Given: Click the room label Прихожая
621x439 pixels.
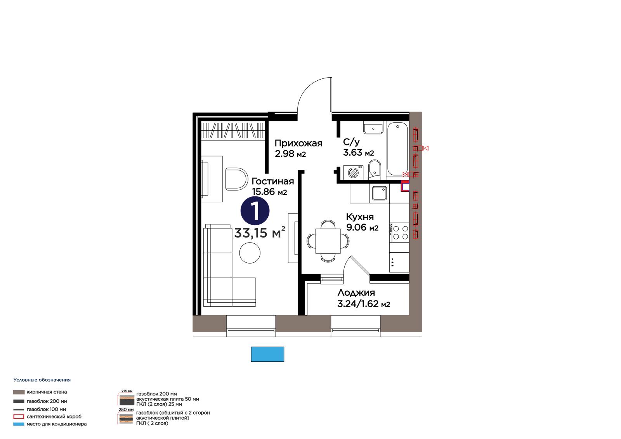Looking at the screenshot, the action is click(298, 143).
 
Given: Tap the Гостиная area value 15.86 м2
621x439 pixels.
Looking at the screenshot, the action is click(269, 192).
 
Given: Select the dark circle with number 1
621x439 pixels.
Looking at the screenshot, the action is click(255, 211).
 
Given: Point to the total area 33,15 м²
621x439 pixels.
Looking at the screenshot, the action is click(260, 233).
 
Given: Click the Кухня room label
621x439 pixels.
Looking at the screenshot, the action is click(360, 217).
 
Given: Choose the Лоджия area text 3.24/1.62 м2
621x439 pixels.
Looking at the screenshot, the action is click(364, 304).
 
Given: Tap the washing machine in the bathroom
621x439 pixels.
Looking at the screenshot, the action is click(353, 172).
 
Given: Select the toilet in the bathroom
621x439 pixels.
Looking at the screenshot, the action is click(375, 170).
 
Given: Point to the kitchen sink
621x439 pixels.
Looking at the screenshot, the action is click(379, 193).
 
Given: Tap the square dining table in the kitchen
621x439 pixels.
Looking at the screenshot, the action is click(328, 241).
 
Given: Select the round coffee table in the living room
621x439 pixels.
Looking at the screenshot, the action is click(250, 253).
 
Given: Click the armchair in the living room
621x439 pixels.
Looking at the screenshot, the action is click(236, 179).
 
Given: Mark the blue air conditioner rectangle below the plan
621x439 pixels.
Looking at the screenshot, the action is click(267, 354).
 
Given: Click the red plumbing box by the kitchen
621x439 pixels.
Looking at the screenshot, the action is click(405, 186).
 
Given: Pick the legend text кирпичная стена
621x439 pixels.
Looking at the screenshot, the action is click(47, 392).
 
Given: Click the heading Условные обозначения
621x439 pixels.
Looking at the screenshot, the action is click(42, 380).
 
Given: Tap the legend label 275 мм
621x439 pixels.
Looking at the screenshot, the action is click(127, 391).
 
